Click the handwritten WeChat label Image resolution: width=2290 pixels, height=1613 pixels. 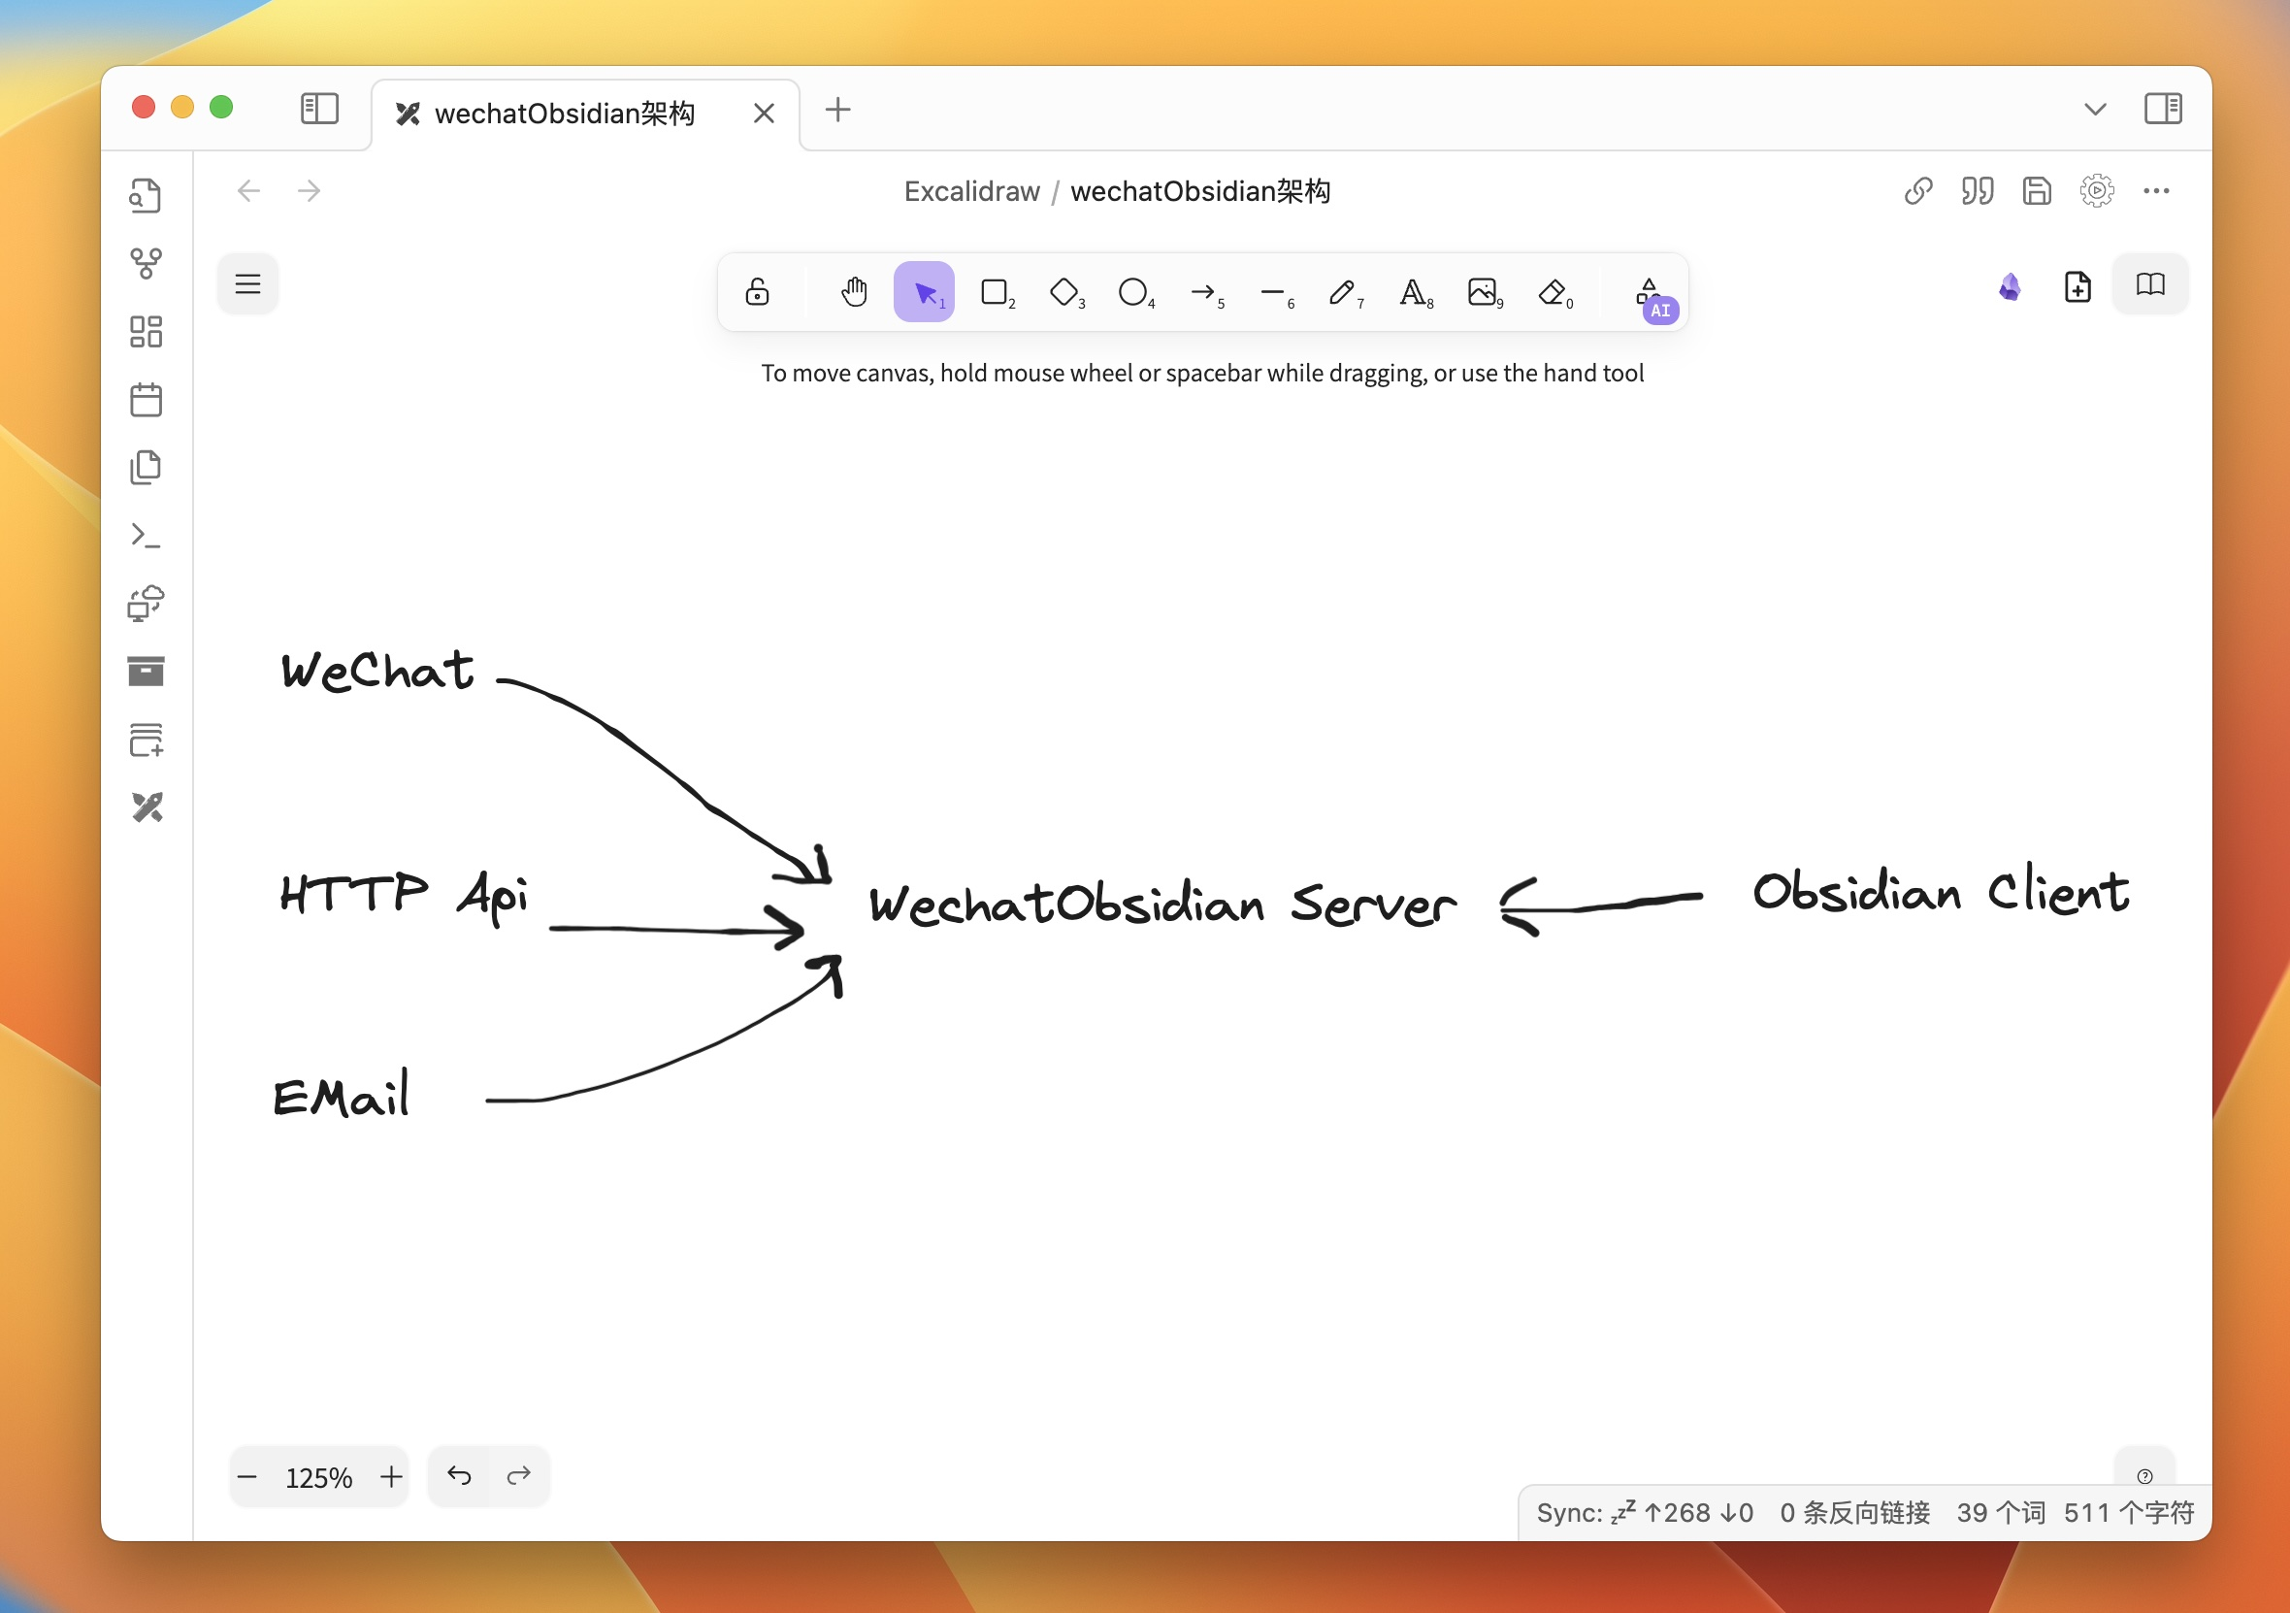coord(377,671)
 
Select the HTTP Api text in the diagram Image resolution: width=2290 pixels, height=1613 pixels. coord(403,894)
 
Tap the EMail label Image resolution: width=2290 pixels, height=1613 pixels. coord(342,1096)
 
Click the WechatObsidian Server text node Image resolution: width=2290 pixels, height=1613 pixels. coord(1161,904)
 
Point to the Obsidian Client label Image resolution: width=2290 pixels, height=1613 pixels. coord(1940,891)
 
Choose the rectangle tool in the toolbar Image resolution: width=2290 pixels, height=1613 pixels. coord(995,292)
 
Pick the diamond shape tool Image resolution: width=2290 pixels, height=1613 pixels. coord(1064,292)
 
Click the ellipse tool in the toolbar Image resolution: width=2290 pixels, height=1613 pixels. coord(1133,292)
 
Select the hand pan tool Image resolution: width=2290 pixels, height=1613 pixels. coord(854,292)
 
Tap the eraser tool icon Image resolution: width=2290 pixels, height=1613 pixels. coord(1552,292)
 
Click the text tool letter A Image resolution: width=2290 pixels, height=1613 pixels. coord(1412,292)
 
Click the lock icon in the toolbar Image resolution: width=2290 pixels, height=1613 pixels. coord(757,292)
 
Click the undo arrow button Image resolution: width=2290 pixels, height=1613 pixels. coord(459,1475)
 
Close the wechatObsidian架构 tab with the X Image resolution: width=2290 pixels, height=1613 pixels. coord(764,113)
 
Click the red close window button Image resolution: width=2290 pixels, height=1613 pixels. coord(144,107)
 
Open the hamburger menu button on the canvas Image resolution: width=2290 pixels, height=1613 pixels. coord(247,284)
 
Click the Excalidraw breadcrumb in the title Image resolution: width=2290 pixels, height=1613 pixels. coord(971,190)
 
